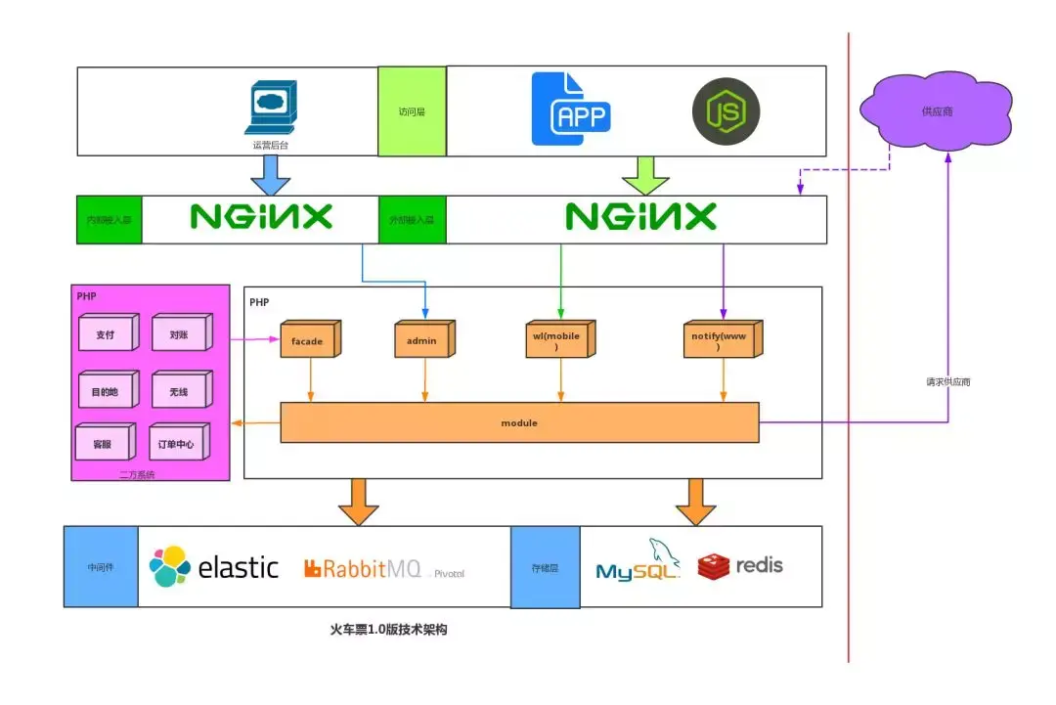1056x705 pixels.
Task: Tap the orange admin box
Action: pyautogui.click(x=423, y=341)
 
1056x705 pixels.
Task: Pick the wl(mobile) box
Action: pyautogui.click(x=559, y=341)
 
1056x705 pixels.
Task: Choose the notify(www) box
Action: pyautogui.click(x=722, y=341)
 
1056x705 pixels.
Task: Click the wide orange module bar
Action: pyautogui.click(x=519, y=422)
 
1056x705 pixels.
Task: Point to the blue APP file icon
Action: pyautogui.click(x=571, y=110)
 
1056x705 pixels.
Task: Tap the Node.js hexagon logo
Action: pyautogui.click(x=726, y=112)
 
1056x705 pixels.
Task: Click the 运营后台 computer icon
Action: pyautogui.click(x=271, y=109)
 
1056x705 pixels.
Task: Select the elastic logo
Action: pyautogui.click(x=214, y=567)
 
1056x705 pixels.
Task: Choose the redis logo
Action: pyautogui.click(x=740, y=565)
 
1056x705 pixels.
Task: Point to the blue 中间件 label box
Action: pyautogui.click(x=101, y=566)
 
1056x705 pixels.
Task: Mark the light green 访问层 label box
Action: pyautogui.click(x=412, y=111)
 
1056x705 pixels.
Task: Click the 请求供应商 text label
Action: pyautogui.click(x=948, y=381)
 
